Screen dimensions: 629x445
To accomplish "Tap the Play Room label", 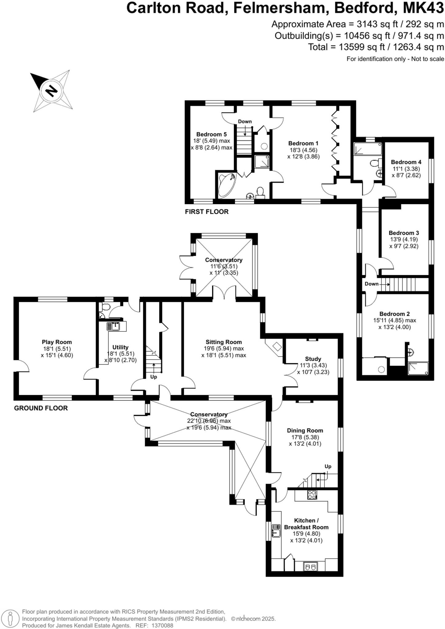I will [x=57, y=342].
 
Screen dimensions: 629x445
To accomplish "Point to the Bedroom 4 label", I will [x=406, y=162].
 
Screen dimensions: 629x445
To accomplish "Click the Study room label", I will [x=313, y=359].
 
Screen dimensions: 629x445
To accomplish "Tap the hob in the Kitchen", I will [x=312, y=495].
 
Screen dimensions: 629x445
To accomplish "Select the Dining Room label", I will [x=305, y=430].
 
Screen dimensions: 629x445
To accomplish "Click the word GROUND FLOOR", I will [x=41, y=408].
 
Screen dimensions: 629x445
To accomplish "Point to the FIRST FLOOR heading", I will [x=207, y=212].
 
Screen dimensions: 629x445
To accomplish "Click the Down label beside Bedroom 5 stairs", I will [x=245, y=121].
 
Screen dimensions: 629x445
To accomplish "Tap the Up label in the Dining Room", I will [x=328, y=466].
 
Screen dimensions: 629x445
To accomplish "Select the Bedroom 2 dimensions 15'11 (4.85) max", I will [x=395, y=320].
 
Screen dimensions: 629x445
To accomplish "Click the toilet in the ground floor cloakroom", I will [x=105, y=307].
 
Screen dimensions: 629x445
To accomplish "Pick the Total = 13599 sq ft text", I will [x=376, y=47].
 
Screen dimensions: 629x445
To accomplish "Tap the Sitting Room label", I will [x=224, y=342].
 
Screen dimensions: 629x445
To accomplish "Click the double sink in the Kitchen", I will [x=310, y=566].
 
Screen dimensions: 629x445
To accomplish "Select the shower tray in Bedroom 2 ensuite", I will [x=418, y=368].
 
